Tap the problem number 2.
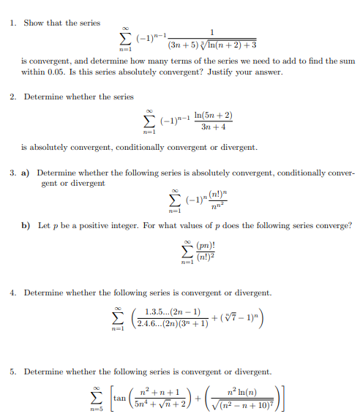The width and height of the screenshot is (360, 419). point(14,97)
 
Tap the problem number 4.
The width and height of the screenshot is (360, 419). point(14,292)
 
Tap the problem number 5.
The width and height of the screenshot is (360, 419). point(14,371)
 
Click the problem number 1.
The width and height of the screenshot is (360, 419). point(14,23)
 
